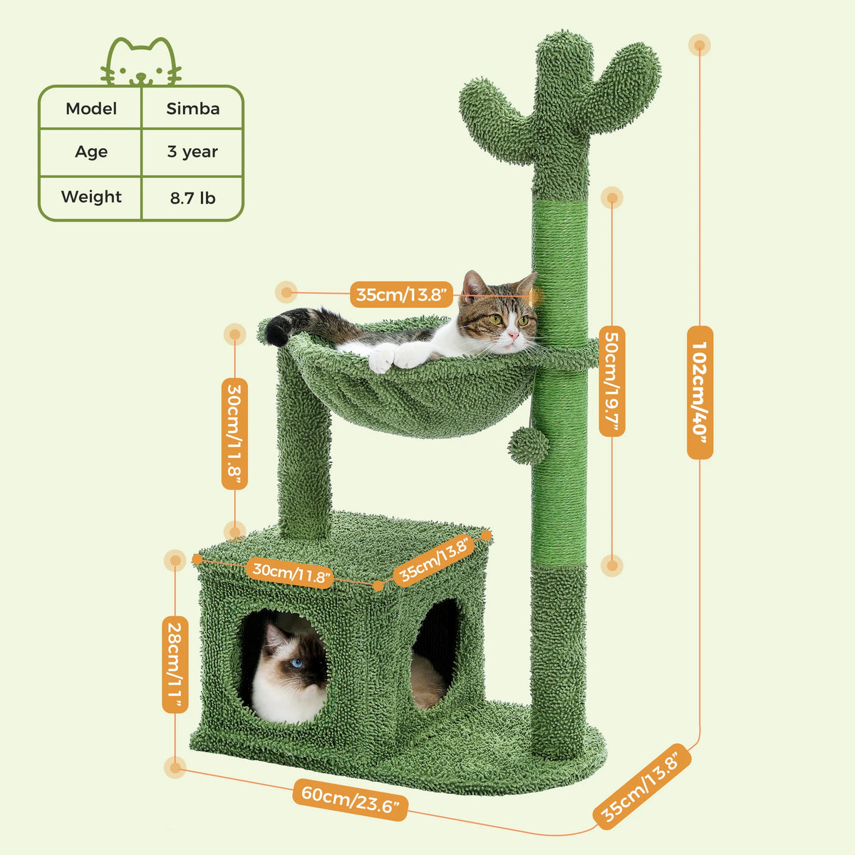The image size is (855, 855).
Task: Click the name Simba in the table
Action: tap(193, 109)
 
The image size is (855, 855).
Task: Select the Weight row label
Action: tap(91, 197)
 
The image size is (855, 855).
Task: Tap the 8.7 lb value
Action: tap(192, 198)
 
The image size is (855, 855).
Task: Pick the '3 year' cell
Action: tap(192, 152)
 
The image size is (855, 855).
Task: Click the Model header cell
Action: tap(91, 109)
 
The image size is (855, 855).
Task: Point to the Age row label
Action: tap(91, 152)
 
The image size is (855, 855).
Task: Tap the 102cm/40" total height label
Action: tap(700, 392)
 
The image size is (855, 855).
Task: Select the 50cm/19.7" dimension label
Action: tap(612, 381)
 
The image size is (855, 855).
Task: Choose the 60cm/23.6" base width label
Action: tap(351, 798)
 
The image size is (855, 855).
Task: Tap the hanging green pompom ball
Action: tap(528, 446)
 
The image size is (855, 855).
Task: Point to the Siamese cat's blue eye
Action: tap(297, 663)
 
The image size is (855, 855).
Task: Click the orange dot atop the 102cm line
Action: tap(700, 45)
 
